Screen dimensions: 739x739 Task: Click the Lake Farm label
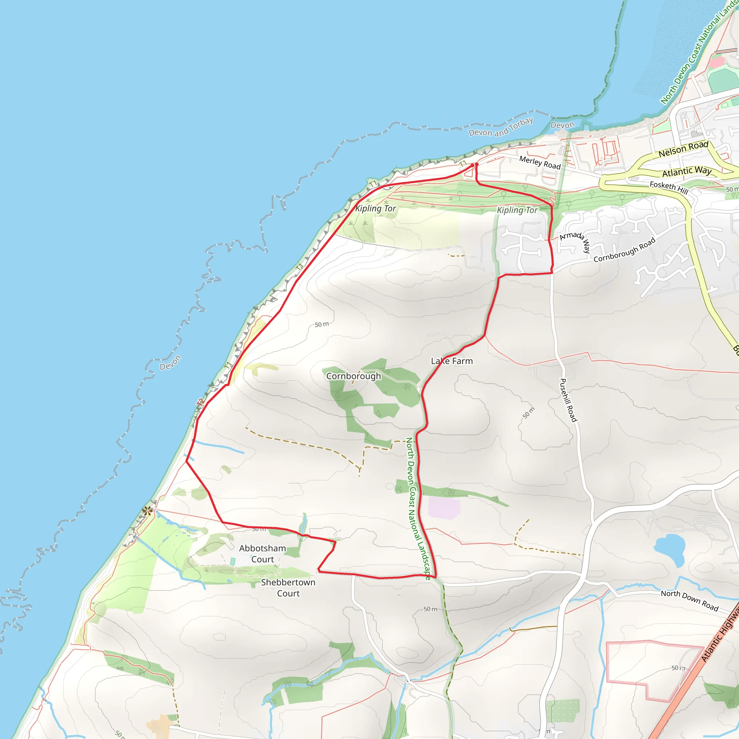(x=452, y=361)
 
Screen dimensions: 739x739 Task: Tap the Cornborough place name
(x=353, y=376)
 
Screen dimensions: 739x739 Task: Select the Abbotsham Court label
(x=262, y=554)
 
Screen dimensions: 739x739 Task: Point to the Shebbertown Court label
(x=288, y=587)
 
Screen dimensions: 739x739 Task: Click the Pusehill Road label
(x=568, y=400)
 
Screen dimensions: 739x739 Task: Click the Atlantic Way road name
(x=687, y=171)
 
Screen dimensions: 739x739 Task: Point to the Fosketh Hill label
(x=669, y=187)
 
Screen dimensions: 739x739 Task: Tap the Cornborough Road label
(x=624, y=250)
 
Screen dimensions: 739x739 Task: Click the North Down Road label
(x=690, y=600)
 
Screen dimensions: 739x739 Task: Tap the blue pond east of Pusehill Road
(x=670, y=549)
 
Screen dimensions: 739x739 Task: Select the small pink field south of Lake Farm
(x=444, y=508)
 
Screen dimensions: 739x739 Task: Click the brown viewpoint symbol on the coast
(x=147, y=510)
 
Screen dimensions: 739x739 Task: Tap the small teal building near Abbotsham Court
(x=233, y=561)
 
